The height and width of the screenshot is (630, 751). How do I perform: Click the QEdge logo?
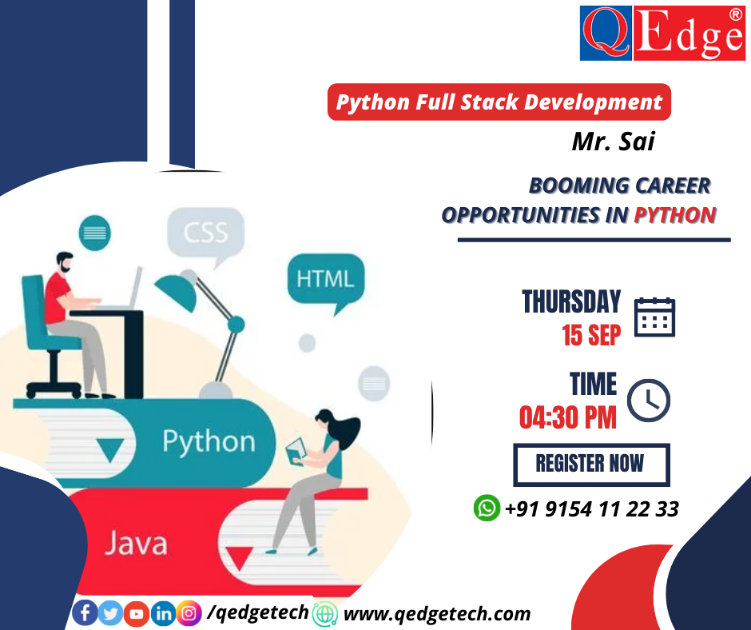662,33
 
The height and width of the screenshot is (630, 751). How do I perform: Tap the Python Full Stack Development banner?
499,102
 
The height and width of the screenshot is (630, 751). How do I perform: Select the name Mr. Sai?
613,142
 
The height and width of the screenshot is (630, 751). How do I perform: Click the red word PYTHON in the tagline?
674,214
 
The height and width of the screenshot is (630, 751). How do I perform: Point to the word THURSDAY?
570,302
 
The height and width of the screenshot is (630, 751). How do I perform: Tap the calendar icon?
654,317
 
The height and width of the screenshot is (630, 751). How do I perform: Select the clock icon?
648,400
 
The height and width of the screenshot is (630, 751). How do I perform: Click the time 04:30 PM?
567,417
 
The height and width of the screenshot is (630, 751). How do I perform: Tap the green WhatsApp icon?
486,507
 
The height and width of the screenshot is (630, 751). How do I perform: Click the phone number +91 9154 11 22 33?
591,508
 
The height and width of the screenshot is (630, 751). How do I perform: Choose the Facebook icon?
85,613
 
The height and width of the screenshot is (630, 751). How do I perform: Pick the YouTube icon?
137,613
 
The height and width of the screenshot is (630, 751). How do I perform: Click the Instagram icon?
189,613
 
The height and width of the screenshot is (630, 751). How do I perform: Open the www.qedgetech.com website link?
436,613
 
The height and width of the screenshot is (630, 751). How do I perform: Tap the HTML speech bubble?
324,279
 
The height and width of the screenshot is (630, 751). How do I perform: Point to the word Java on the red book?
136,544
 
